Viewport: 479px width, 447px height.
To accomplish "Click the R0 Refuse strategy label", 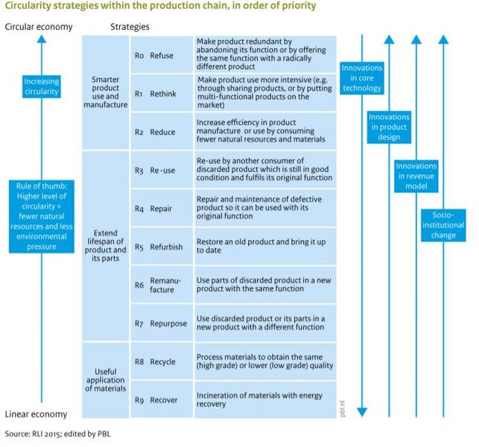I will (x=154, y=54).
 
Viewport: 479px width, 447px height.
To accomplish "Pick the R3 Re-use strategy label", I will (x=155, y=171).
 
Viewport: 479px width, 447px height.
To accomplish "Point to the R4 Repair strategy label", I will (x=154, y=209).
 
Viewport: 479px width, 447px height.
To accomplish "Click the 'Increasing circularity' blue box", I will (x=42, y=86).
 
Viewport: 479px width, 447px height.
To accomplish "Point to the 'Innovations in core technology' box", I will (x=362, y=78).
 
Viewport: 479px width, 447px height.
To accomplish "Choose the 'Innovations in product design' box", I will (x=389, y=127).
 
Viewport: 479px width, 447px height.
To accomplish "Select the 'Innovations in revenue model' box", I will (x=416, y=177).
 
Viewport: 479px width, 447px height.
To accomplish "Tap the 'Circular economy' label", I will (x=39, y=27).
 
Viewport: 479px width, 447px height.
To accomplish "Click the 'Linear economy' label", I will (x=36, y=414).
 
